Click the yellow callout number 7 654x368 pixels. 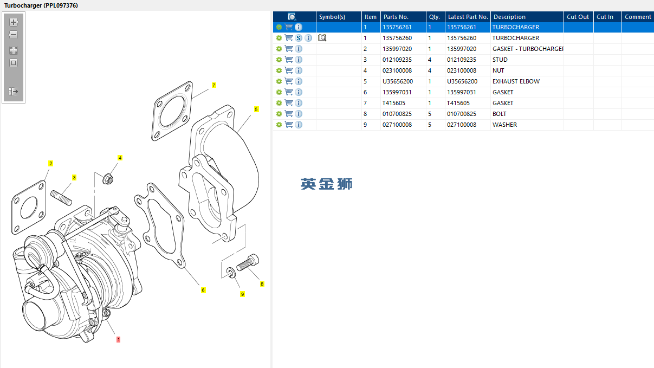pyautogui.click(x=214, y=85)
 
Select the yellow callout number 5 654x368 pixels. pyautogui.click(x=256, y=109)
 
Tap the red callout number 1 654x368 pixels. pyautogui.click(x=118, y=339)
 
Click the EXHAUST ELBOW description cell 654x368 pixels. pyautogui.click(x=516, y=81)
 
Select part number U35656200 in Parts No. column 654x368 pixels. pyautogui.click(x=398, y=81)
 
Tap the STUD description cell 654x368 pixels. pyautogui.click(x=500, y=60)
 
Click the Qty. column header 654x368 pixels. pyautogui.click(x=435, y=17)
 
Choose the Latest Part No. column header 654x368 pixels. pyautogui.click(x=468, y=17)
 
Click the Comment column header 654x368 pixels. pyautogui.click(x=638, y=17)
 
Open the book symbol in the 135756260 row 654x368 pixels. pyautogui.click(x=322, y=38)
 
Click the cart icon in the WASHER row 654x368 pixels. pyautogui.click(x=289, y=125)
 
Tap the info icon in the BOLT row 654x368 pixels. pyautogui.click(x=299, y=114)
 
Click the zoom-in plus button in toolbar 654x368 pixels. pyautogui.click(x=14, y=22)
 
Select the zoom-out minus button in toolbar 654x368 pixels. pyautogui.click(x=14, y=35)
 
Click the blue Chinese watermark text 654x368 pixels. pyautogui.click(x=327, y=184)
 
